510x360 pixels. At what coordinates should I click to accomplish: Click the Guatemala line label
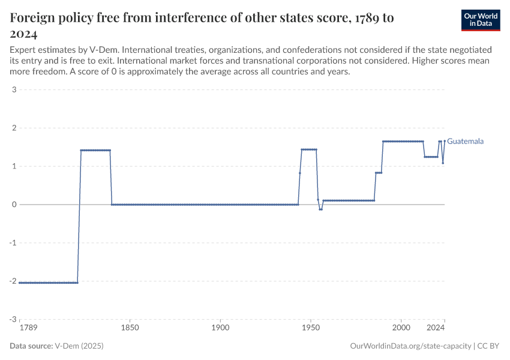(465, 142)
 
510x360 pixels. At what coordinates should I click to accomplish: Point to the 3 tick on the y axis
(13, 90)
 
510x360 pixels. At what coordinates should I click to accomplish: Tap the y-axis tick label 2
(13, 128)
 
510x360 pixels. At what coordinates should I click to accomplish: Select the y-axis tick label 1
(13, 166)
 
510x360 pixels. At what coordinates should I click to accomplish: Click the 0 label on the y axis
(13, 205)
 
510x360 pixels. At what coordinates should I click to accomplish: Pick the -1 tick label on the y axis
(12, 243)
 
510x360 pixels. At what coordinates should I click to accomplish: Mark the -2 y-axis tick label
(12, 281)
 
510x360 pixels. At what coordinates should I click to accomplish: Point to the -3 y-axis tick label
(12, 320)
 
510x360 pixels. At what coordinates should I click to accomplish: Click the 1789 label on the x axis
(28, 328)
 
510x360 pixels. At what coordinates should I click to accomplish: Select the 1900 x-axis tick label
(220, 328)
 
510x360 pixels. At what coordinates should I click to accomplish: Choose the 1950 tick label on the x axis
(311, 328)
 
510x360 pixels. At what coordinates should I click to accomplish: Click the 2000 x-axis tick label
(401, 328)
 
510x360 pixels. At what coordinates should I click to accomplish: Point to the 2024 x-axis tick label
(436, 328)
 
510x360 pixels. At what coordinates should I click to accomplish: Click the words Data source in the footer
(31, 346)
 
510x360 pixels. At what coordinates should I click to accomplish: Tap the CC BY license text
(489, 346)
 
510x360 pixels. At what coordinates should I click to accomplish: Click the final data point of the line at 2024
(445, 142)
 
